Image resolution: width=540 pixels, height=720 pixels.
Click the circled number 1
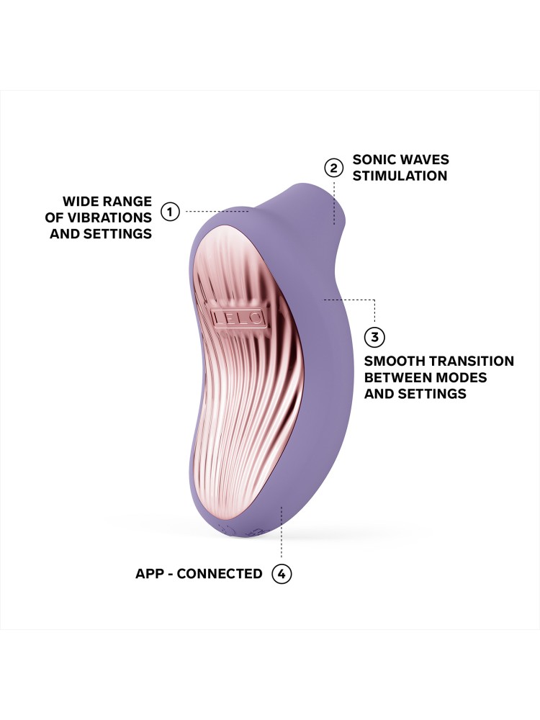coord(170,212)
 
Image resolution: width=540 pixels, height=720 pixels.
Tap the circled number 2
coord(333,168)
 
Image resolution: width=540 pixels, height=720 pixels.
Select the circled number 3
coord(374,337)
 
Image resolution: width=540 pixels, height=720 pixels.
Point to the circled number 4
coord(282,574)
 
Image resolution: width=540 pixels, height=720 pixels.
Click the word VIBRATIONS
coord(114,217)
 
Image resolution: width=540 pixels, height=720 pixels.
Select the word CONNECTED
coord(220,574)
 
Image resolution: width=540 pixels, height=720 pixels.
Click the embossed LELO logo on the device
coord(237,317)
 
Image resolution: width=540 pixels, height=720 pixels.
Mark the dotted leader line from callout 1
coord(216,212)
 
